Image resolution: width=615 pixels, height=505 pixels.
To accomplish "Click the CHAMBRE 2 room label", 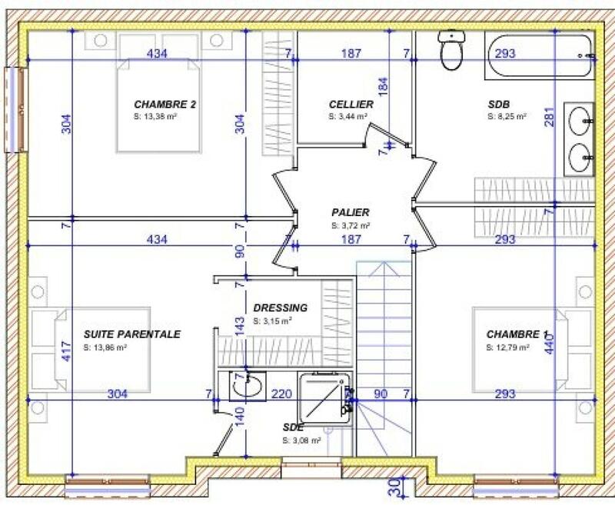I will tap(165, 105).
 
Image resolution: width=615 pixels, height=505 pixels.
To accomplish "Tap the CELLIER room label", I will tap(351, 105).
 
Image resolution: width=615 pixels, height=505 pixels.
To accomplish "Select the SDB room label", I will tap(499, 105).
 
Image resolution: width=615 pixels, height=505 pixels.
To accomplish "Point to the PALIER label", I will tap(351, 213).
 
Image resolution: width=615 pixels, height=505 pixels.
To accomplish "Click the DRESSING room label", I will tap(280, 308).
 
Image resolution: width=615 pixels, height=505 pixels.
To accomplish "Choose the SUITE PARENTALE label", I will tap(131, 334).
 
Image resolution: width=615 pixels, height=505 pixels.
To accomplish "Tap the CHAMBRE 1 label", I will tap(517, 334).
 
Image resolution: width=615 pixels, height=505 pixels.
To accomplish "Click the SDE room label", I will tap(294, 428).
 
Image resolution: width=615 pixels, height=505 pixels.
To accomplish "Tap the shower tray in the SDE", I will tap(324, 397).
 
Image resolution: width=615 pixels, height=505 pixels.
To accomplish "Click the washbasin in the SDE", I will tap(248, 387).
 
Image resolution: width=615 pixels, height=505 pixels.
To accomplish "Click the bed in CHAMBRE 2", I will tap(158, 108).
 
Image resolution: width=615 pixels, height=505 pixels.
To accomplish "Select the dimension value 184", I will tap(383, 86).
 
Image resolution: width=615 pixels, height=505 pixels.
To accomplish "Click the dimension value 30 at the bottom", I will tap(394, 487).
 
